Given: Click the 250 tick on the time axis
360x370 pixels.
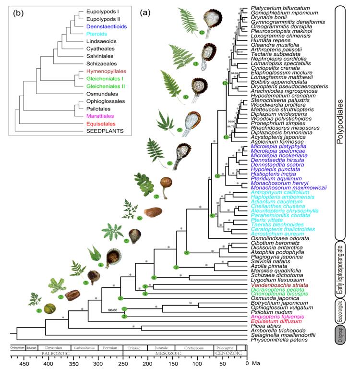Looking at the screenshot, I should tap(123, 364).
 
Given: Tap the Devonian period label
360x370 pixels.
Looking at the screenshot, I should tap(52, 347).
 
